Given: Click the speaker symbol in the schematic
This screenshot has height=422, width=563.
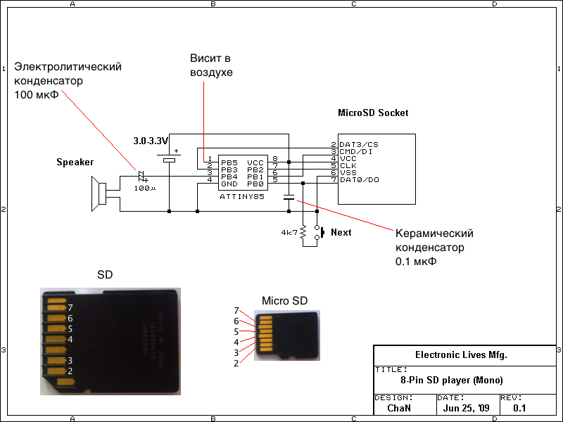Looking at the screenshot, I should [x=99, y=193].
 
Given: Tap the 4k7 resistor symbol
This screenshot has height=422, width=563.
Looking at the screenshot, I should [x=303, y=233].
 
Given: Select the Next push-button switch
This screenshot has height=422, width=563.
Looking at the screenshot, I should [x=318, y=233].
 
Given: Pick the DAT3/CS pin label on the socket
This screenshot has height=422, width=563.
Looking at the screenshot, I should [x=359, y=144].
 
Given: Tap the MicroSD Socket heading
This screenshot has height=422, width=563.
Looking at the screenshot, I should [x=373, y=113].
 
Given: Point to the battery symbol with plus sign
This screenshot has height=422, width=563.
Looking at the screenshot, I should [x=170, y=159].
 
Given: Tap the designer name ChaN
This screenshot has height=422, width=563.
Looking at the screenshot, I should [x=398, y=408].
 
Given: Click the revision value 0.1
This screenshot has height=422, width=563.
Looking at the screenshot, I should [x=519, y=408].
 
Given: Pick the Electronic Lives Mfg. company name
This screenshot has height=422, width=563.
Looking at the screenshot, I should [x=462, y=355].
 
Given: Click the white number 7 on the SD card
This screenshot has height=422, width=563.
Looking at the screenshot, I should [x=70, y=307].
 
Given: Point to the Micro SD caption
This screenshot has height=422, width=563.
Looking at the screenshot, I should [x=285, y=300].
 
